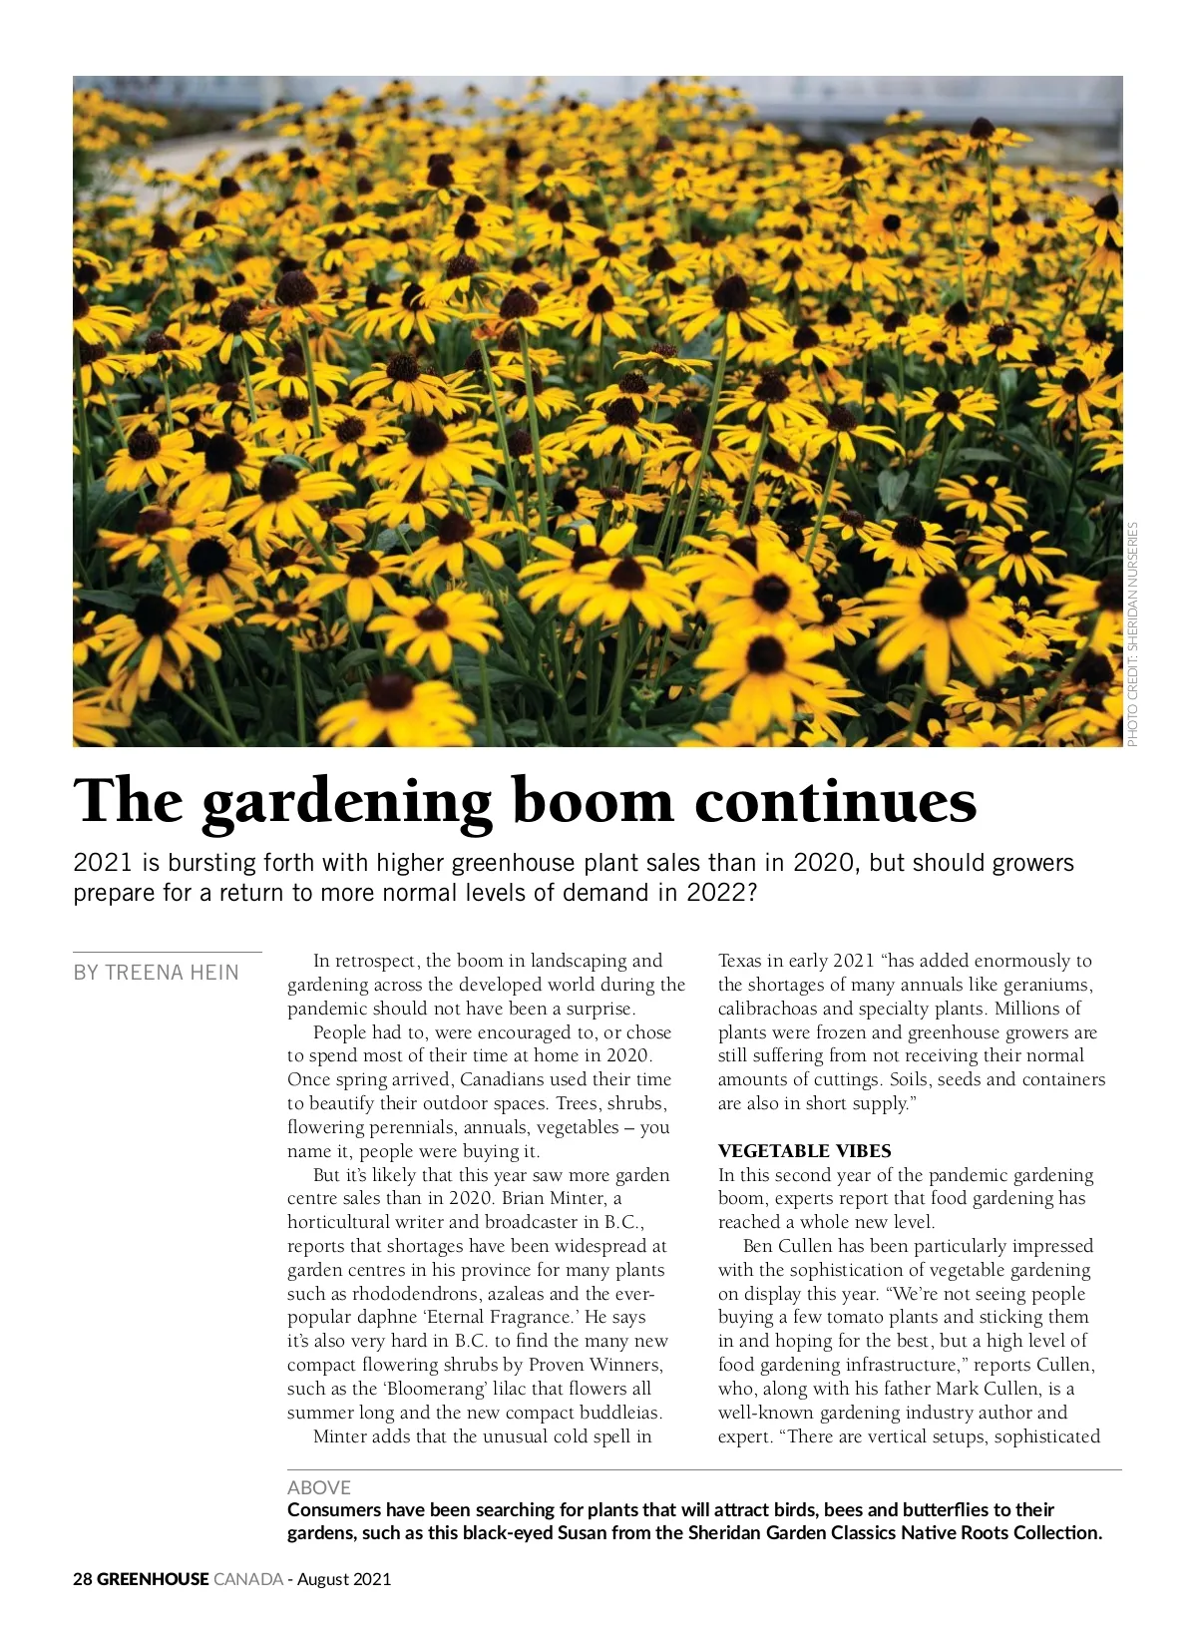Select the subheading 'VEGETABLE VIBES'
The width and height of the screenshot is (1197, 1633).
point(804,1150)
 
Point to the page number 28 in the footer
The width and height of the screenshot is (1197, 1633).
point(82,1579)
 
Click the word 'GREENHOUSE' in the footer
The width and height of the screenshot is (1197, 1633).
point(153,1579)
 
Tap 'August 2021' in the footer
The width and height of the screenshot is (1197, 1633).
point(344,1579)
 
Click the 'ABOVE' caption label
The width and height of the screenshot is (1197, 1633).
point(318,1487)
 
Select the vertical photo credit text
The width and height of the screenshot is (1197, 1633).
point(1132,634)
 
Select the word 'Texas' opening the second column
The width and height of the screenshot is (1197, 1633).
point(739,961)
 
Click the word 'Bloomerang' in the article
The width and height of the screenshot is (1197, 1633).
point(434,1389)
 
